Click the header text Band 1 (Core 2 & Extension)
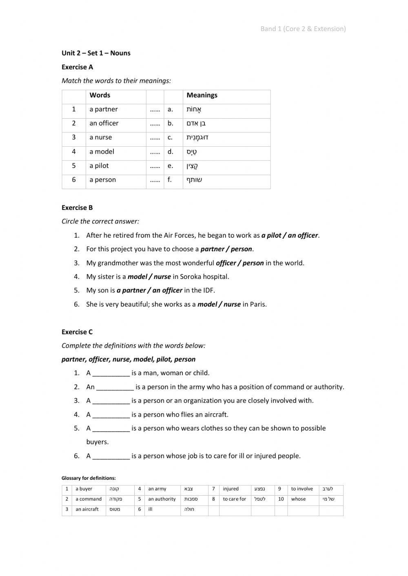tap(303, 29)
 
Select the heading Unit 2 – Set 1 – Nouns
tap(96, 53)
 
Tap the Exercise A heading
tap(77, 67)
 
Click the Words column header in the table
tap(100, 95)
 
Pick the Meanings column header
tap(202, 95)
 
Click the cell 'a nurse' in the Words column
tap(100, 137)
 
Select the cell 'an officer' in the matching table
tap(104, 123)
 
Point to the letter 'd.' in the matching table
tap(170, 152)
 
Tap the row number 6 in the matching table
tap(74, 180)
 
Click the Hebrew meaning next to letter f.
tap(195, 180)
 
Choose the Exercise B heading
tap(77, 207)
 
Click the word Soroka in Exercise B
tap(191, 277)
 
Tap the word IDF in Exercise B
tap(208, 290)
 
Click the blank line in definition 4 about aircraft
tap(111, 415)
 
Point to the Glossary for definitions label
tap(89, 478)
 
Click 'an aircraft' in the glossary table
tap(87, 509)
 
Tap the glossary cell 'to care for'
tap(234, 499)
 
